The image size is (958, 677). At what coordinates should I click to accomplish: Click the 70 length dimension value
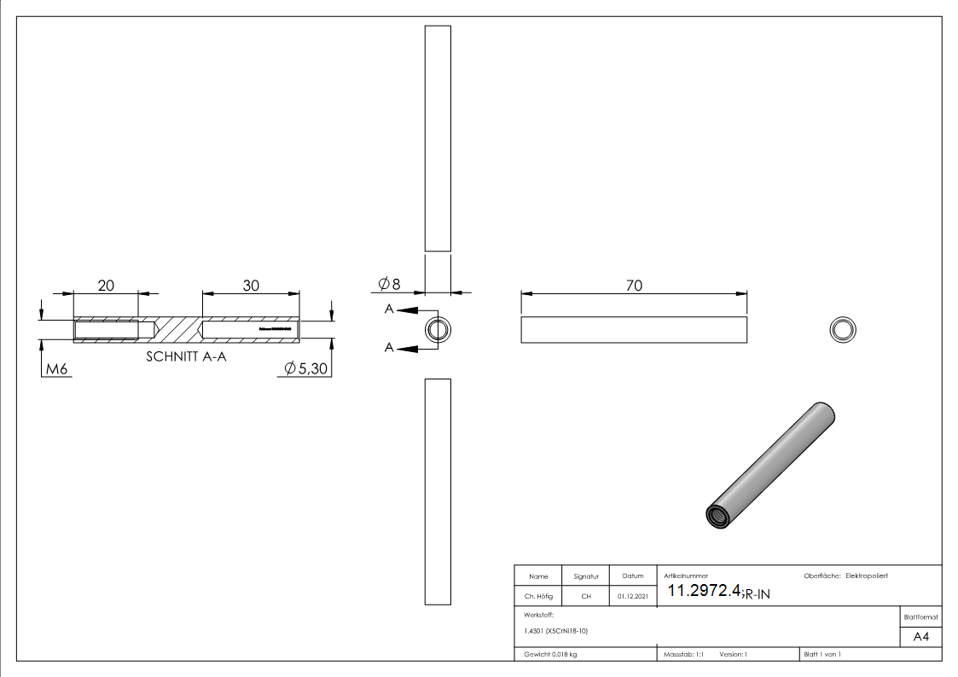(x=634, y=286)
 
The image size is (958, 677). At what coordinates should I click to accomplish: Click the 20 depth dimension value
(x=106, y=286)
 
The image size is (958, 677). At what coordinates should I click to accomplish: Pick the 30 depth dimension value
(x=251, y=286)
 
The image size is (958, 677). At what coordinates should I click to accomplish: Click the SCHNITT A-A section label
(x=186, y=357)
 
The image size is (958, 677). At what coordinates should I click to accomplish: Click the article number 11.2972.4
(x=703, y=591)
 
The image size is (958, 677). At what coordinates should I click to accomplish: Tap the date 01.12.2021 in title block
(x=632, y=597)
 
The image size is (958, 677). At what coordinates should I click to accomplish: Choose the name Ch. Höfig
(x=538, y=597)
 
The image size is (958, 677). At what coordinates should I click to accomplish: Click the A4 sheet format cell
(x=920, y=637)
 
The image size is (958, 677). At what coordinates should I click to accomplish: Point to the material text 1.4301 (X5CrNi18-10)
(x=555, y=630)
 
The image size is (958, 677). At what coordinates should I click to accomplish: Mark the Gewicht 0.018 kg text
(x=550, y=654)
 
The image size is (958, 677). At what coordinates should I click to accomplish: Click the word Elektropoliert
(x=866, y=576)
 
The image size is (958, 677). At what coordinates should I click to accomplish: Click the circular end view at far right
(x=843, y=329)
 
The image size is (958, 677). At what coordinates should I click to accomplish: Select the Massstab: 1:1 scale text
(x=683, y=654)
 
